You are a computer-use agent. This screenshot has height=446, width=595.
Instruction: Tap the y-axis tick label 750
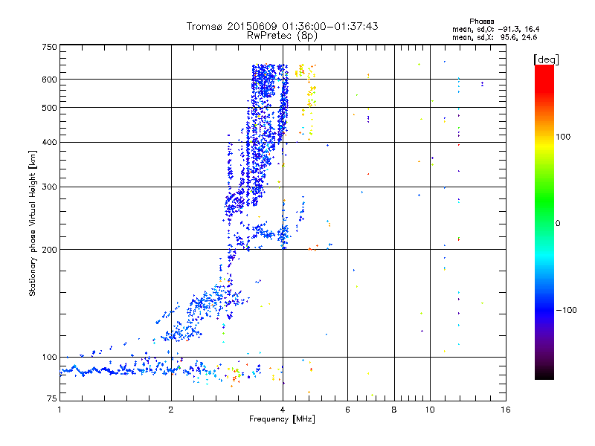49,47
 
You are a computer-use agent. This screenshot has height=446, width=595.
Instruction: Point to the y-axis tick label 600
49,80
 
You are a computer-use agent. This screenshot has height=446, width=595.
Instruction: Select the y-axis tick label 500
49,108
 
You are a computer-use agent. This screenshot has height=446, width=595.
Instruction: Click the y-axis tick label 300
49,187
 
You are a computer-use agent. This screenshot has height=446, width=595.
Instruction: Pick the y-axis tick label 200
49,250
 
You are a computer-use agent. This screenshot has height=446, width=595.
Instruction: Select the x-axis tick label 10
430,410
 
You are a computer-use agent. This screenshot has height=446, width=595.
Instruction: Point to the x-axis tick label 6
347,410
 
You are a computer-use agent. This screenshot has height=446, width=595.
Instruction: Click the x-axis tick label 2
171,410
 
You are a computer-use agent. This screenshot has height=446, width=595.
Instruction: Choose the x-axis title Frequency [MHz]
282,420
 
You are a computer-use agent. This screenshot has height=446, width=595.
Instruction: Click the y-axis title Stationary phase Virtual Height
33,223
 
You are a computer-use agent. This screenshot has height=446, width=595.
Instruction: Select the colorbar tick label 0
559,223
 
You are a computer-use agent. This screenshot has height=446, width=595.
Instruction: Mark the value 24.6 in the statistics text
527,36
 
